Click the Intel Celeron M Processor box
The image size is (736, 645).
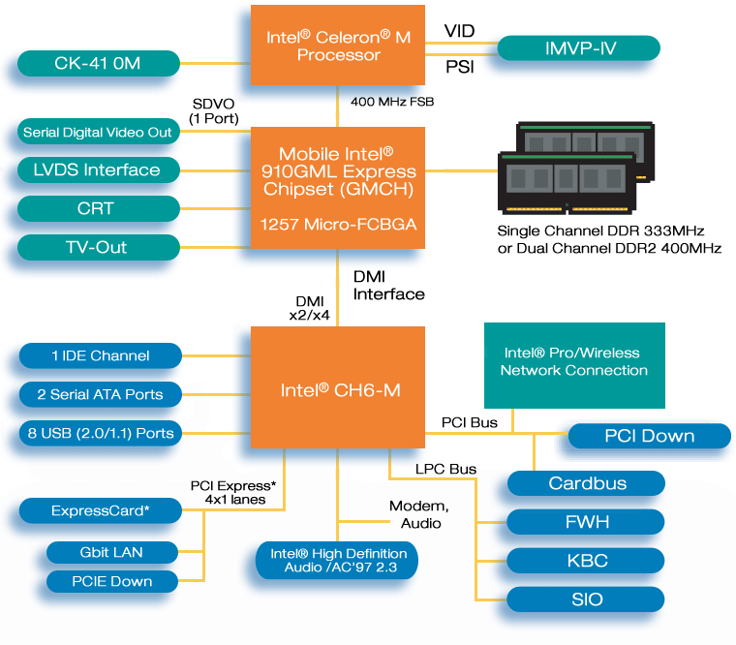(x=338, y=46)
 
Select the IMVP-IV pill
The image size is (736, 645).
(x=578, y=47)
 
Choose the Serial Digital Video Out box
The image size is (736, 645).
(x=98, y=132)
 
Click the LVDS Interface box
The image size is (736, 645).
(x=98, y=170)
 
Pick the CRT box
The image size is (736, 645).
(x=98, y=208)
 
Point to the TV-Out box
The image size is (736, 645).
(x=98, y=247)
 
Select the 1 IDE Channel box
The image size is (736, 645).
(x=100, y=355)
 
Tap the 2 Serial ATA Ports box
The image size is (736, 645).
(x=100, y=394)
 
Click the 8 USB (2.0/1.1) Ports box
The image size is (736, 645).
(x=100, y=433)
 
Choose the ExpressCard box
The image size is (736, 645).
(x=100, y=509)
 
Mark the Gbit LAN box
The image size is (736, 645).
(x=112, y=552)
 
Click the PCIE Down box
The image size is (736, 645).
(x=112, y=581)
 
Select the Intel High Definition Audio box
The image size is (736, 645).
(x=338, y=560)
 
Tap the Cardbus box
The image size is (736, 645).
(x=587, y=483)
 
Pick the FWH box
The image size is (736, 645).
(x=587, y=522)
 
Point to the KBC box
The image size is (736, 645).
(x=587, y=561)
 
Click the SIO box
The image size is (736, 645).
(x=587, y=599)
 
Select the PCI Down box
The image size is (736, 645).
(x=649, y=436)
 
